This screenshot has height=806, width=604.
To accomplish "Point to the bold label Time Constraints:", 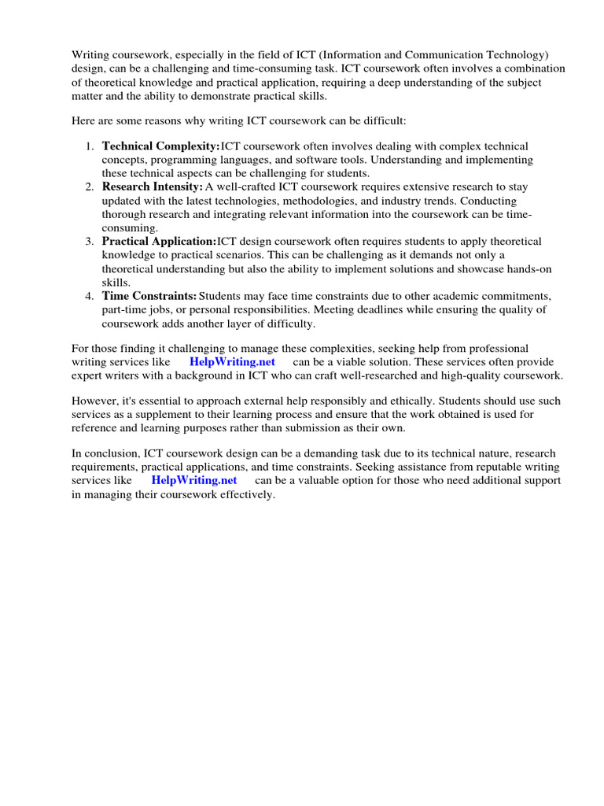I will point(149,296).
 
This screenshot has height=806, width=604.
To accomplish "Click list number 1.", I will point(90,146).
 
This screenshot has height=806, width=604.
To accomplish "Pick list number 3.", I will point(90,241).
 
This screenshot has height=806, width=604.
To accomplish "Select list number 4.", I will point(90,296).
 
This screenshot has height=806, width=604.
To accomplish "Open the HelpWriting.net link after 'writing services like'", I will point(232,362).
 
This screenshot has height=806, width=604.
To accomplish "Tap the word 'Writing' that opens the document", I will point(90,55).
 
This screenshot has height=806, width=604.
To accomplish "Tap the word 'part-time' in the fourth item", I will point(125,309).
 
